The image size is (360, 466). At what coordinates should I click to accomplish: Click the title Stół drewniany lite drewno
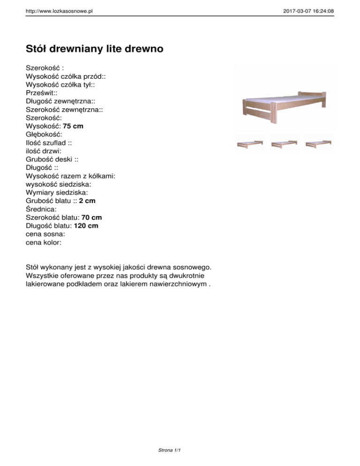tap(95, 49)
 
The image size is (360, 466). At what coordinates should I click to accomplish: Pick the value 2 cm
tap(87, 201)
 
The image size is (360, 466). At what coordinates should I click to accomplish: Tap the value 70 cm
tap(91, 218)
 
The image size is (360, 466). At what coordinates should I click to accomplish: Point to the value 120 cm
tap(86, 226)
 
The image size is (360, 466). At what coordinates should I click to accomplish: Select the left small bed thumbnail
tap(249, 143)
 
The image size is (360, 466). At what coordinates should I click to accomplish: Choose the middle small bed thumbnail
tap(284, 143)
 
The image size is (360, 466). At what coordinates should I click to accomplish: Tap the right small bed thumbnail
tap(318, 143)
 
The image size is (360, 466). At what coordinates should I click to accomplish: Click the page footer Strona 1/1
tap(170, 451)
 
